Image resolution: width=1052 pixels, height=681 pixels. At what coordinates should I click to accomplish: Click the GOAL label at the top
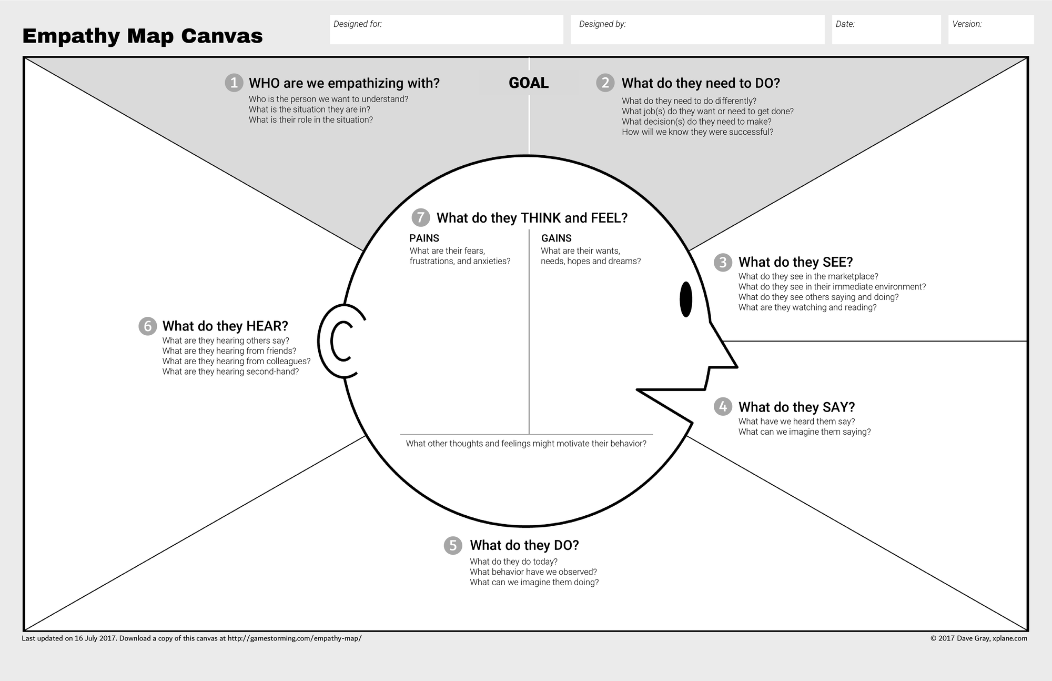pyautogui.click(x=529, y=83)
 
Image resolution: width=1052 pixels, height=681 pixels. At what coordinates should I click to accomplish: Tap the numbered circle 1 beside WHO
pyautogui.click(x=234, y=83)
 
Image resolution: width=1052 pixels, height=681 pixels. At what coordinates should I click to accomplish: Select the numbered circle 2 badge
pyautogui.click(x=605, y=83)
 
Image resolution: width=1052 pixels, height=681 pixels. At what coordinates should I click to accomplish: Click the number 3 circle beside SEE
pyautogui.click(x=723, y=262)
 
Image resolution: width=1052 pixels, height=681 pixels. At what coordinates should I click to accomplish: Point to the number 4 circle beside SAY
pyautogui.click(x=723, y=406)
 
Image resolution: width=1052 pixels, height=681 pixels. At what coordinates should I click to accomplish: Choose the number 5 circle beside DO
pyautogui.click(x=453, y=545)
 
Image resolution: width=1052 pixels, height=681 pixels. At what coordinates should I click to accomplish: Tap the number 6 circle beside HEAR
pyautogui.click(x=147, y=326)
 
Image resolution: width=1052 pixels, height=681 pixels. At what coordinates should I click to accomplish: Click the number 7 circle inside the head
pyautogui.click(x=420, y=217)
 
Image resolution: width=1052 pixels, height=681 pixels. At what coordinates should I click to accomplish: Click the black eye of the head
pyautogui.click(x=686, y=299)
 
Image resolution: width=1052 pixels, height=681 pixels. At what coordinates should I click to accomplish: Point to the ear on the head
pyautogui.click(x=339, y=341)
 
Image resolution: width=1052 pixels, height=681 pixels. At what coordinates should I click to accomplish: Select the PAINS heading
pyautogui.click(x=424, y=238)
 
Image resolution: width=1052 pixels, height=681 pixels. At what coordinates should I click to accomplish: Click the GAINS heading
pyautogui.click(x=556, y=238)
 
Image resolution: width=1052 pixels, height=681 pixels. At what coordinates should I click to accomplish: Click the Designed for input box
pyautogui.click(x=446, y=29)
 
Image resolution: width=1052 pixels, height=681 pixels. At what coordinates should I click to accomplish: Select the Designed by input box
pyautogui.click(x=697, y=29)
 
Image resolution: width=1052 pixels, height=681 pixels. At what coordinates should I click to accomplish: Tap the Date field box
pyautogui.click(x=886, y=29)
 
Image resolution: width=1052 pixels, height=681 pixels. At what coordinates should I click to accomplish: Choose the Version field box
pyautogui.click(x=990, y=29)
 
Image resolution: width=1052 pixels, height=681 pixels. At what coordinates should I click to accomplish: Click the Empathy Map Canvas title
pyautogui.click(x=143, y=36)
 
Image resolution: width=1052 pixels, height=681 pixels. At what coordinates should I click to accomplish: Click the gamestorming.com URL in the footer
pyautogui.click(x=295, y=638)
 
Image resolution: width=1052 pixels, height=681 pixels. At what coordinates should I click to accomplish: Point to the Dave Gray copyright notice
pyautogui.click(x=978, y=638)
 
